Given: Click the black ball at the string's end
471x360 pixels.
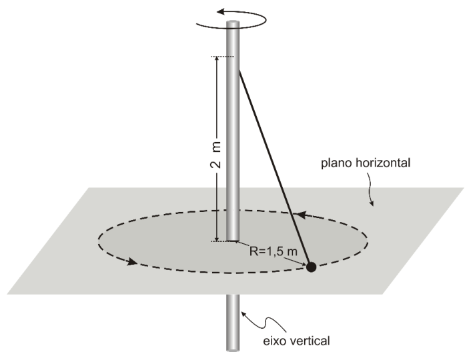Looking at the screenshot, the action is click(311, 267).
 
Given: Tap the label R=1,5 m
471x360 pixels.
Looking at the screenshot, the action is click(274, 251).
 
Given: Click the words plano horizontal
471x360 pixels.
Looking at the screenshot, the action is click(366, 163).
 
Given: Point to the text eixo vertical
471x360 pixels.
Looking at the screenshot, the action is click(296, 341).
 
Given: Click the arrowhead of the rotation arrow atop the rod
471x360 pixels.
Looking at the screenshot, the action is click(221, 12).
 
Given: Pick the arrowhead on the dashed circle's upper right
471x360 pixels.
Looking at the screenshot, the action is click(301, 215).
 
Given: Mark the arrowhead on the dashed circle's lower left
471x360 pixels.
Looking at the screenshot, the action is click(132, 262).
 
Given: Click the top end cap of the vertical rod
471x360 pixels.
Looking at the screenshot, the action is click(233, 23).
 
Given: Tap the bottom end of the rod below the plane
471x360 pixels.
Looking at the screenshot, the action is click(233, 349).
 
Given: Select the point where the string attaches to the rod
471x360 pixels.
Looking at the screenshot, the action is click(239, 70).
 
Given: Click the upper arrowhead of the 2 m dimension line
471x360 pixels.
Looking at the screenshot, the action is click(216, 59).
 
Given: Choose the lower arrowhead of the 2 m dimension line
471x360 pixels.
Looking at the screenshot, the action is click(216, 238).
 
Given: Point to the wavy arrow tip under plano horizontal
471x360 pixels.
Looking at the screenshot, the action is click(373, 205).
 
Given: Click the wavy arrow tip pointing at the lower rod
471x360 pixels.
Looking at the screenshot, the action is click(243, 313).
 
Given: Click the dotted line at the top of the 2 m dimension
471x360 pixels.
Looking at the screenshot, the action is click(222, 57).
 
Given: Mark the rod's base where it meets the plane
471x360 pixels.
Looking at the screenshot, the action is click(233, 240).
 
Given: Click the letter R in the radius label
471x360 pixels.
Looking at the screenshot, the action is click(253, 251).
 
